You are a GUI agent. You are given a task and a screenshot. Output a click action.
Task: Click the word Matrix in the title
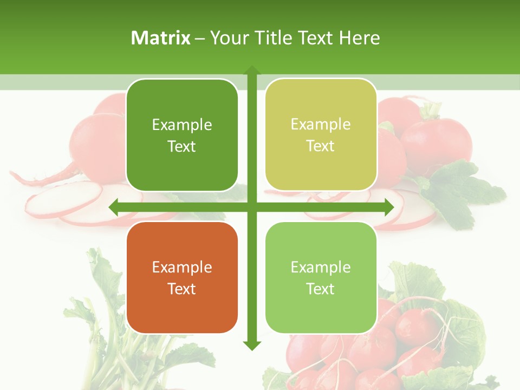[161, 38]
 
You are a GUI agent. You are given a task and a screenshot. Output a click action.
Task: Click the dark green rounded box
[182, 135]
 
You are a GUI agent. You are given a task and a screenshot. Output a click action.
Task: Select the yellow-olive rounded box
[321, 135]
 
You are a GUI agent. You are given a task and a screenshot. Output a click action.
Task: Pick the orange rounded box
[182, 277]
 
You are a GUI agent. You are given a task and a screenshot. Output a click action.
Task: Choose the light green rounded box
[321, 277]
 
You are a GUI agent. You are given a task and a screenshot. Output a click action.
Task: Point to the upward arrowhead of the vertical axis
[251, 70]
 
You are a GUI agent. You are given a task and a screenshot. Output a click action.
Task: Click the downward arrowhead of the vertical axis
[251, 345]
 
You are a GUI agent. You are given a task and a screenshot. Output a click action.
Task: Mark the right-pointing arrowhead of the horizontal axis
[388, 207]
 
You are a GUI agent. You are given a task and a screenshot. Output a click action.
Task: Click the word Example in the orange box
[182, 267]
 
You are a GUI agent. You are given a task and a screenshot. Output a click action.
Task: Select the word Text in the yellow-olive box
[321, 146]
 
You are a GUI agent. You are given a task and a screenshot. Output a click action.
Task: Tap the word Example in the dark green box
[182, 125]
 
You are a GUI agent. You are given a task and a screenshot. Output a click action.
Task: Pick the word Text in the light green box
[321, 289]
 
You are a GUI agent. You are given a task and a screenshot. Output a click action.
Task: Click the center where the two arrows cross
[251, 207]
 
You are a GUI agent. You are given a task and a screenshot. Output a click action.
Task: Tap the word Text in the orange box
[182, 289]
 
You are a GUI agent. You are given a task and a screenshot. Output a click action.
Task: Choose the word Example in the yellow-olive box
[321, 125]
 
